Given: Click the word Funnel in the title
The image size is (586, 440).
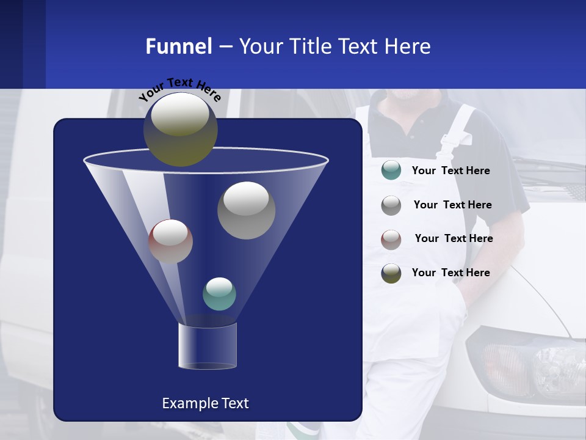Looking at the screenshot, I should (178, 46).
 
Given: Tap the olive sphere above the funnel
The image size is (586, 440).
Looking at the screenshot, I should (180, 129).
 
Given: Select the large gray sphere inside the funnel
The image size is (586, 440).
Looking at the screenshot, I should (246, 210).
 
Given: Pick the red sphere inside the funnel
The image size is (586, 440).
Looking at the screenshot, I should (170, 241).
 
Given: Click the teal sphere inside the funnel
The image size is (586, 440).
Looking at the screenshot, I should (219, 294).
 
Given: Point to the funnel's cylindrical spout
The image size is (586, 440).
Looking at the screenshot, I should (208, 346).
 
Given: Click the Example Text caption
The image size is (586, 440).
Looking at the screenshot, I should (205, 403).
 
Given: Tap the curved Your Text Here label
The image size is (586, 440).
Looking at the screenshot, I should (179, 88).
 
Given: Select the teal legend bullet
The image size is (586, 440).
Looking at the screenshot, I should (391, 170).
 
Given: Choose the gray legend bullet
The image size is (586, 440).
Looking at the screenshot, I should (391, 205).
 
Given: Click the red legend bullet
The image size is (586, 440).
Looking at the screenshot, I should (391, 239).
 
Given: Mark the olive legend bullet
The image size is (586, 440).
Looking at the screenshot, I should (391, 273).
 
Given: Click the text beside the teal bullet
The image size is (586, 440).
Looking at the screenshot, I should (450, 171).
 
